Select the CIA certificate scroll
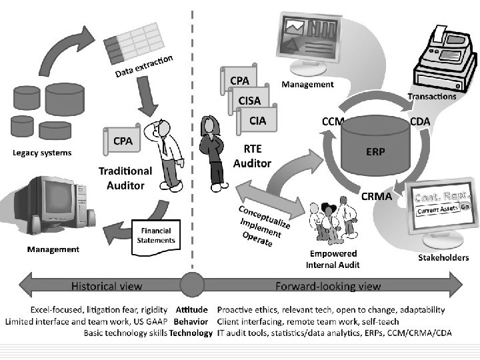pyautogui.click(x=257, y=121)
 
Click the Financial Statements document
pyautogui.click(x=155, y=236)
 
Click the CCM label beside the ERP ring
pyautogui.click(x=333, y=122)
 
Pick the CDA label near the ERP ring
pyautogui.click(x=419, y=121)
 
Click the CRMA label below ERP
pyautogui.click(x=377, y=196)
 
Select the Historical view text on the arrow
pyautogui.click(x=107, y=286)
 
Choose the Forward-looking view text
pyautogui.click(x=329, y=286)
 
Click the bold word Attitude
pyautogui.click(x=192, y=310)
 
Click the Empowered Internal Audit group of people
pyautogui.click(x=331, y=224)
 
